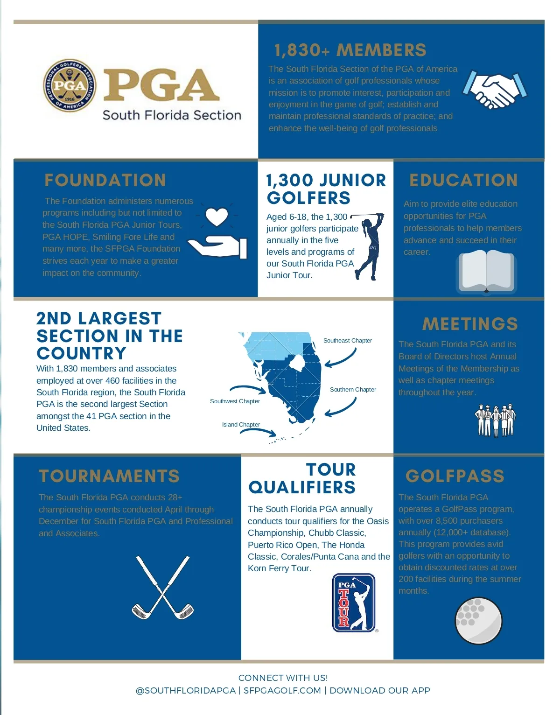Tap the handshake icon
(x=495, y=90)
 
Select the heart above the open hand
(x=217, y=217)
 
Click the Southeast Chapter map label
(x=348, y=341)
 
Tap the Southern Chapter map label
(x=353, y=390)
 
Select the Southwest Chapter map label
(x=235, y=401)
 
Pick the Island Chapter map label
(x=241, y=425)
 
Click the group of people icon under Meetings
(x=495, y=420)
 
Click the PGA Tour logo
(x=353, y=603)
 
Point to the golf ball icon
(x=478, y=621)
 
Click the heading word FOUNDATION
(x=105, y=180)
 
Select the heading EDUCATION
(x=464, y=180)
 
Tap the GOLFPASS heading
(x=455, y=476)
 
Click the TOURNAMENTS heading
(x=109, y=476)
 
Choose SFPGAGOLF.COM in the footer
(x=282, y=691)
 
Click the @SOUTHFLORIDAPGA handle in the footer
(x=186, y=691)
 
